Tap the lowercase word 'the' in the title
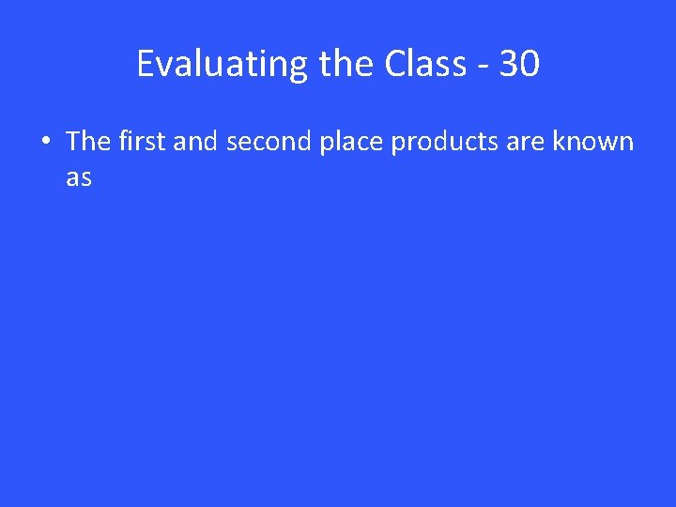click(x=347, y=65)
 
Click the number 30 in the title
click(x=519, y=65)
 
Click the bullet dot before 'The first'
click(x=45, y=143)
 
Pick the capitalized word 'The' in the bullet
click(x=88, y=142)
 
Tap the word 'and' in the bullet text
click(x=196, y=142)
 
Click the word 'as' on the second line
click(x=79, y=177)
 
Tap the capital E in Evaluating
click(x=146, y=65)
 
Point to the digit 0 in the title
click(x=530, y=65)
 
